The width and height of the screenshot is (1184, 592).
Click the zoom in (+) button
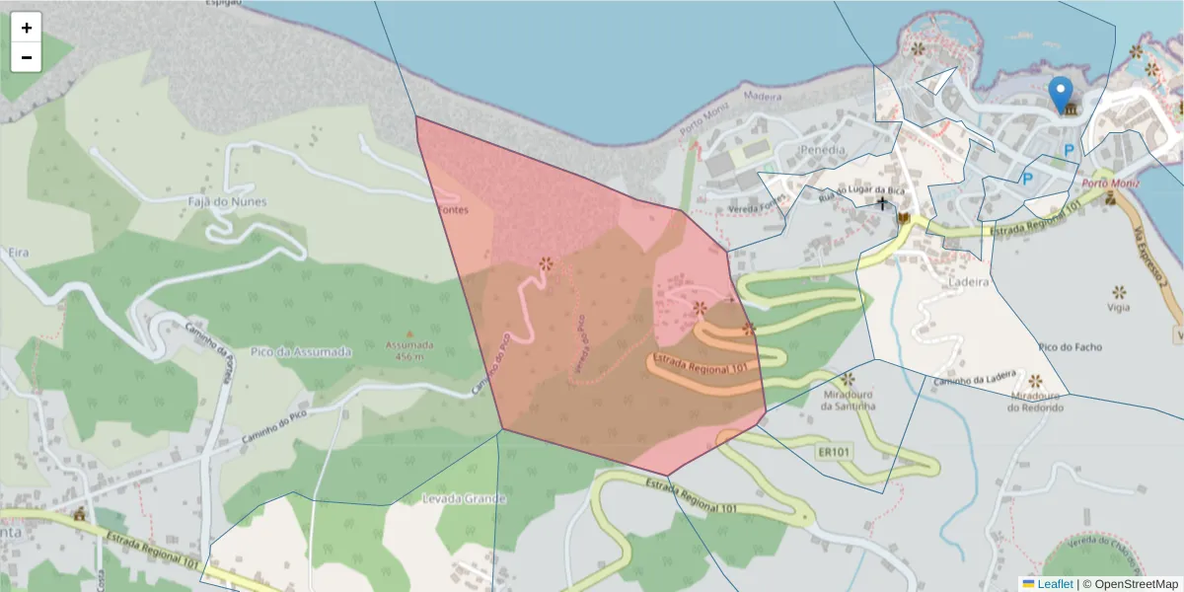(x=27, y=28)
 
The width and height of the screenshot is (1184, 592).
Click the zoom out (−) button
(x=27, y=57)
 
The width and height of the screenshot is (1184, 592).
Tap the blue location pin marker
(x=1061, y=95)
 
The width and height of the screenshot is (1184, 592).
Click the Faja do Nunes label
(x=227, y=201)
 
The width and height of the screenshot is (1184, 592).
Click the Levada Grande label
(x=464, y=498)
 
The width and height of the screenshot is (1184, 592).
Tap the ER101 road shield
(x=834, y=452)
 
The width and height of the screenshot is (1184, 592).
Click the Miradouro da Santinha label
(x=850, y=399)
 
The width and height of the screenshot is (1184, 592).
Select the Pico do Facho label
(x=1071, y=347)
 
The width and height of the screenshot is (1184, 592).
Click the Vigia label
(x=1119, y=307)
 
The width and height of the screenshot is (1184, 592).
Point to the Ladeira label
(x=967, y=281)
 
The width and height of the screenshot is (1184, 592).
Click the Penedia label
(x=825, y=150)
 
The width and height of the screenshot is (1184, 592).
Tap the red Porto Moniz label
(x=1111, y=184)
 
